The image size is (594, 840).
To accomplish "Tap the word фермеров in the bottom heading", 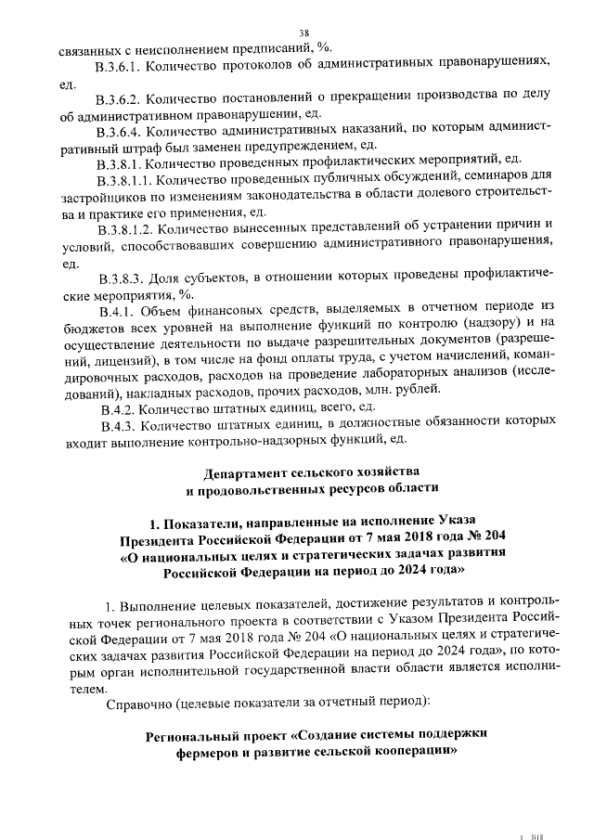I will click(214, 757).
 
